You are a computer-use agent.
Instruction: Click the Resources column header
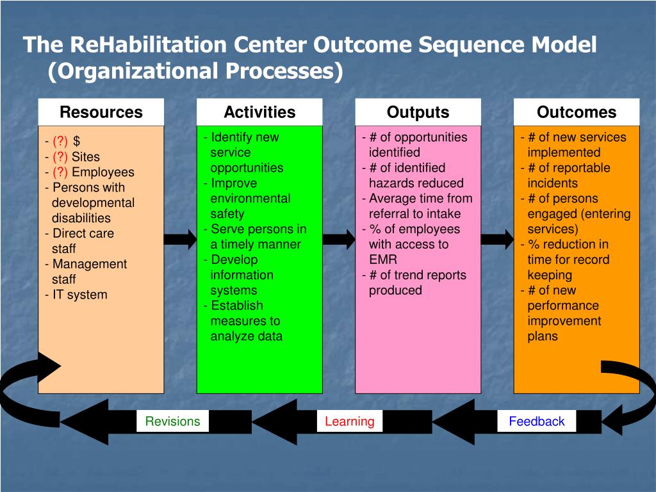[x=101, y=113]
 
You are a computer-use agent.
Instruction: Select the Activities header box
[x=259, y=113]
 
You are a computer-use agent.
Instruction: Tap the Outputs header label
[x=418, y=113]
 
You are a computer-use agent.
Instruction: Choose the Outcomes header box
[x=576, y=113]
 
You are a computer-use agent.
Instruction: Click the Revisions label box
[x=172, y=422]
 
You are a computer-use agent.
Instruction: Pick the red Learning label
[x=349, y=422]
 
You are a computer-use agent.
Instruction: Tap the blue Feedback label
[x=536, y=422]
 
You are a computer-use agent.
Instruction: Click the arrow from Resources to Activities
[x=180, y=240]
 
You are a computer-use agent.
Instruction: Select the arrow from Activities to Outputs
[x=338, y=240]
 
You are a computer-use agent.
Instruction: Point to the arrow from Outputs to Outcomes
[x=497, y=240]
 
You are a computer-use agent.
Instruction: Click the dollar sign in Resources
[x=77, y=141]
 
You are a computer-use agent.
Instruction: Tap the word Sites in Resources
[x=86, y=156]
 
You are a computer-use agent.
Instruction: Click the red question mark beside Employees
[x=60, y=172]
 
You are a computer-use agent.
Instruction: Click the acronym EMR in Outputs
[x=382, y=259]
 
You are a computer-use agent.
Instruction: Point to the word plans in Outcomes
[x=543, y=336]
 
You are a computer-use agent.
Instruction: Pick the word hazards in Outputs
[x=391, y=183]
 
